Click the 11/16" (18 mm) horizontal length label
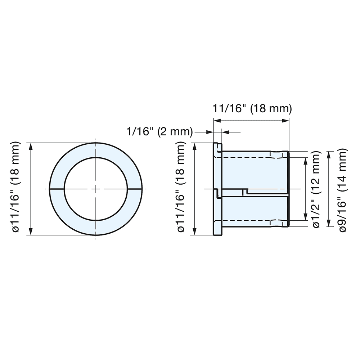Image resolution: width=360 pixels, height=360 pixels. coord(252,108)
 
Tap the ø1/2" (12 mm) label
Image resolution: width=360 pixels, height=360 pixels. coord(316,189)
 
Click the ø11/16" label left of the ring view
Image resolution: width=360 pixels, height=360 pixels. coord(17,189)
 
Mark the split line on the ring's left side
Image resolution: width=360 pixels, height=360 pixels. coord(57,189)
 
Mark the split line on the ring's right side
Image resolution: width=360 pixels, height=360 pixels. coord(135,189)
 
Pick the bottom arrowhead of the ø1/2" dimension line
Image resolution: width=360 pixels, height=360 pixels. coord(306,218)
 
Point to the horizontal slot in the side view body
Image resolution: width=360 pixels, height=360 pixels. coord(266,193)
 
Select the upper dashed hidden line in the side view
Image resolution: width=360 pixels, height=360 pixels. coord(252,158)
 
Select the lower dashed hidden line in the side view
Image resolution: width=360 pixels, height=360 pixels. coord(252,220)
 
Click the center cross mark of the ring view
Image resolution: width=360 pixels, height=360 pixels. coord(96,189)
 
